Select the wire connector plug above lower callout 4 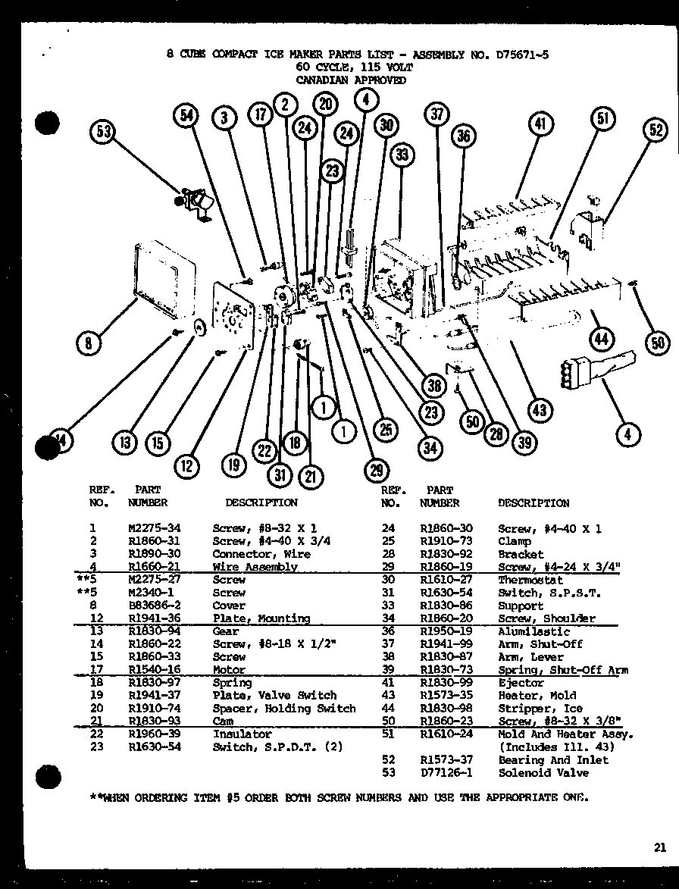coord(584,371)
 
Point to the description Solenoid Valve coord(543,773)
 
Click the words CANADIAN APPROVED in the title coord(351,80)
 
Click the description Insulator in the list coord(242,734)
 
